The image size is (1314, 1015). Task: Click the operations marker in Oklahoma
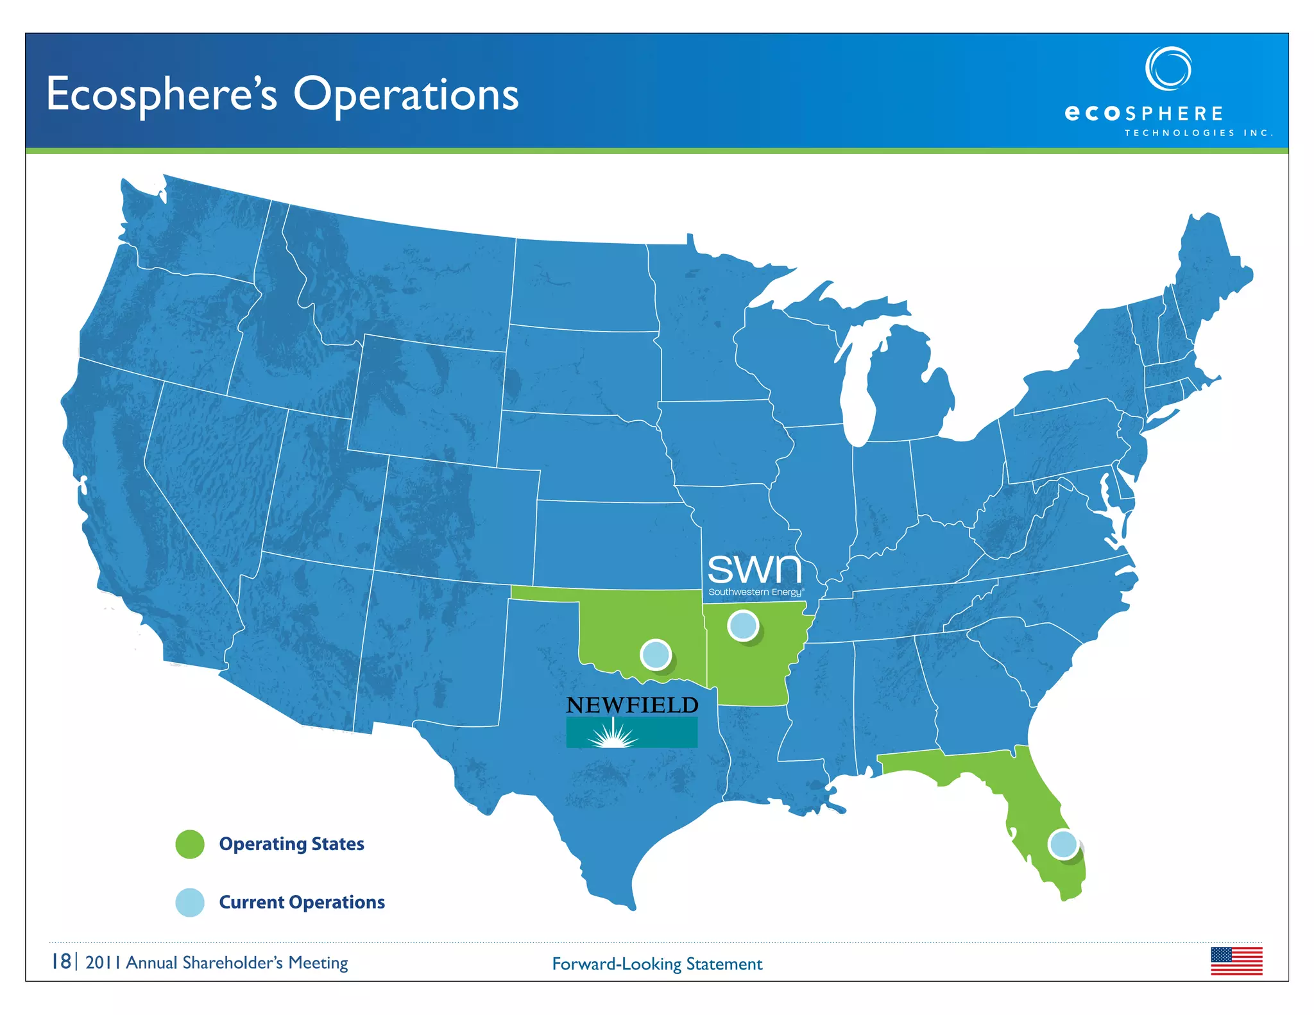point(656,655)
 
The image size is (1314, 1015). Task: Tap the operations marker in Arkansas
point(743,626)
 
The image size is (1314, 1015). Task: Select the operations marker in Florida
point(1063,844)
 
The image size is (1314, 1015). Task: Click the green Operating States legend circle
point(190,844)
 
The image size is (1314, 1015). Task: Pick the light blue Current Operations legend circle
point(190,903)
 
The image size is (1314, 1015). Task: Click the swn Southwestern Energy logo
point(755,574)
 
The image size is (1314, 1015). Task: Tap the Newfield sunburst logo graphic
point(631,733)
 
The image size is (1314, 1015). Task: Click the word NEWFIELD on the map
point(632,705)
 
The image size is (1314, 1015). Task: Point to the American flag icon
point(1236,961)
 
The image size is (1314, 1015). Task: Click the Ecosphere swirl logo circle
point(1168,68)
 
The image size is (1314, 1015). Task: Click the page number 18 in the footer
point(62,962)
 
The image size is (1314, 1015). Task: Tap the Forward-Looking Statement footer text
point(657,964)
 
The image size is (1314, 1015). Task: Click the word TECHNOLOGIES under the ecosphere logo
point(1179,133)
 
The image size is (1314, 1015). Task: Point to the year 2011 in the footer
point(103,962)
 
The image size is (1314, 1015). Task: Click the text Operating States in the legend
point(291,844)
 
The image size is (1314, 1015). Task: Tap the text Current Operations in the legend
point(302,902)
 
